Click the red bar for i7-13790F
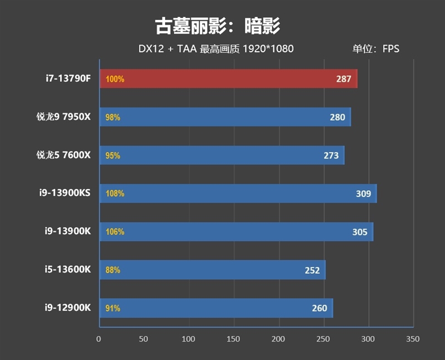click(228, 79)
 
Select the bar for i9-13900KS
click(238, 194)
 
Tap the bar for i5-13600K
click(212, 270)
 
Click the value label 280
click(337, 117)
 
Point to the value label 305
click(359, 232)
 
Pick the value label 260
click(319, 308)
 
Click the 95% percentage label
click(112, 156)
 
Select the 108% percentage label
click(115, 194)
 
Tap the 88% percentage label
click(112, 270)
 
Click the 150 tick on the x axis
click(234, 339)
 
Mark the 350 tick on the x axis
click(413, 339)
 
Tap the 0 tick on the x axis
click(99, 339)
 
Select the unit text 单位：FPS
click(375, 49)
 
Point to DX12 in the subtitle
click(151, 49)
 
